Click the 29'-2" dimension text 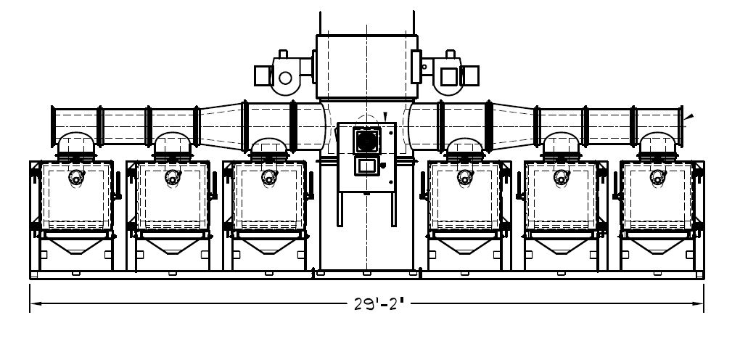(379, 304)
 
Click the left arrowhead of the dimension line (36, 303)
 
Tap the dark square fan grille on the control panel (366, 140)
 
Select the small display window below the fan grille (366, 165)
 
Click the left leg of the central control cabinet (340, 209)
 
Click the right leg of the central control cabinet (394, 209)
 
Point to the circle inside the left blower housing (285, 78)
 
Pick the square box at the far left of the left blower (263, 75)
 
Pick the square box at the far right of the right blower (470, 75)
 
